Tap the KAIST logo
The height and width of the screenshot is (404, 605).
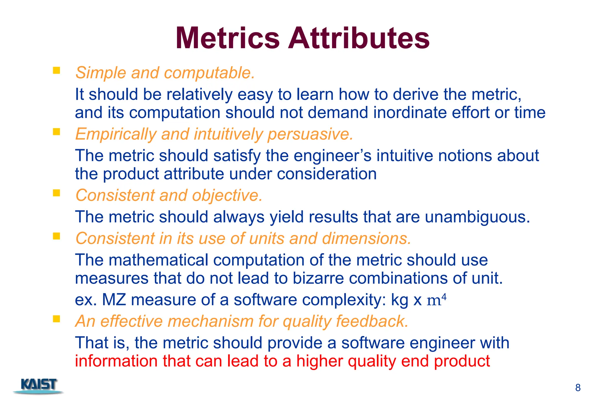(x=38, y=385)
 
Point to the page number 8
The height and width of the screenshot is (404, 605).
(x=578, y=387)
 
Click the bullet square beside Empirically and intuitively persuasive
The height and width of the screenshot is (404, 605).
(x=56, y=132)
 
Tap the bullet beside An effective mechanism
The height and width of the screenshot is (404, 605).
(x=56, y=319)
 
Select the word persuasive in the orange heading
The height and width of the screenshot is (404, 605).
(x=310, y=134)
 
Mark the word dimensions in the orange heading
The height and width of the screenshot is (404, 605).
(x=366, y=239)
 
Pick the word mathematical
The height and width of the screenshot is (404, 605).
(x=159, y=260)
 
